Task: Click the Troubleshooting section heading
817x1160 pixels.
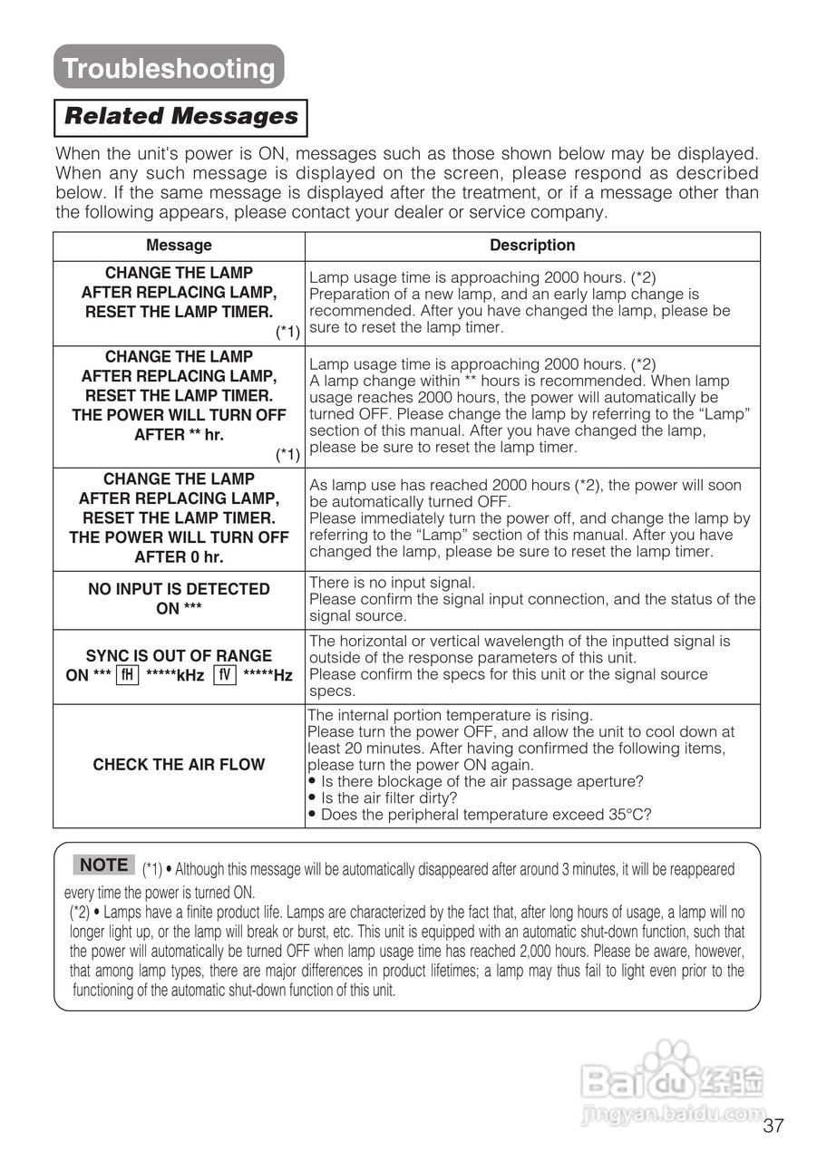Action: (x=169, y=69)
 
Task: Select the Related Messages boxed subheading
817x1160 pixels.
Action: (x=180, y=117)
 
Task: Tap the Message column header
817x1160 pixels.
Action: (x=179, y=246)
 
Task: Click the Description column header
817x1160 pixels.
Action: (x=532, y=246)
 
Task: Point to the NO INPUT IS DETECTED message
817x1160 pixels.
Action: (x=179, y=589)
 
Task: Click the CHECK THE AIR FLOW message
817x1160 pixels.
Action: (x=179, y=765)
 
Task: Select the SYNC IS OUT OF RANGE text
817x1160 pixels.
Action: (x=179, y=655)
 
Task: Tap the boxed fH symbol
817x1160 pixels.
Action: (x=127, y=675)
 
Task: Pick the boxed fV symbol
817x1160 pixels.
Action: (x=225, y=675)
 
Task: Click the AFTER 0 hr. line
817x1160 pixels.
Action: (x=179, y=557)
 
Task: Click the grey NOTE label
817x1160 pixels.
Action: (x=103, y=865)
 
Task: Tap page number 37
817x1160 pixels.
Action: (x=773, y=1126)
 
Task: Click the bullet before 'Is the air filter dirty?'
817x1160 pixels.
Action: (x=313, y=798)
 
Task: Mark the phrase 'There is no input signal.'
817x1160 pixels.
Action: (x=393, y=583)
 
